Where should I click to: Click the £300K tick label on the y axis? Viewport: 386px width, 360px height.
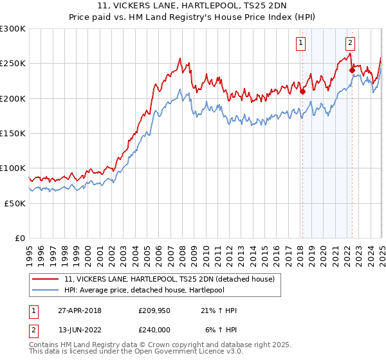[13, 29]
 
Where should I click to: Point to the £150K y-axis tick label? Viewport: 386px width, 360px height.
[13, 133]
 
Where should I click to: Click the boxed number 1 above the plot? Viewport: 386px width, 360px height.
[301, 43]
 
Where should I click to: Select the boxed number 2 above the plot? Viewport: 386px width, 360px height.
[350, 43]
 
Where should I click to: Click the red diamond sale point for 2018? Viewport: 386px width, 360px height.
[302, 91]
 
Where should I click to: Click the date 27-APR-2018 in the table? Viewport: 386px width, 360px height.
[80, 310]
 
